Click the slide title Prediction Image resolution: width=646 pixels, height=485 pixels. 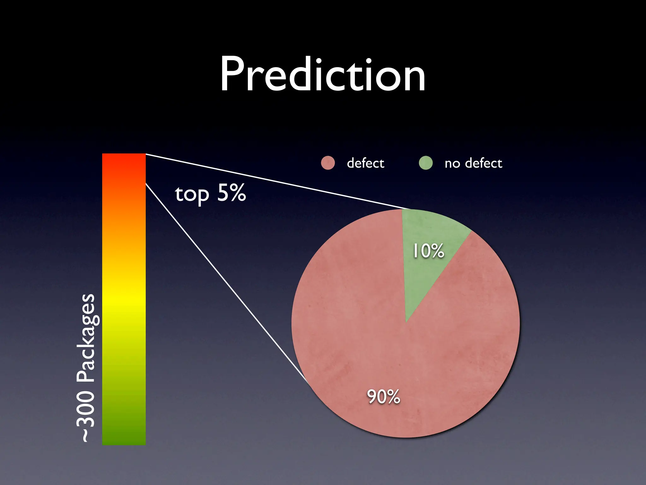point(323,75)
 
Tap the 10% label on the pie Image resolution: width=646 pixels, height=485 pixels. point(428,251)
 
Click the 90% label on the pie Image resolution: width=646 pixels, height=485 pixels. point(383,397)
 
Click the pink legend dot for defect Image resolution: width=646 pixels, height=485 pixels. point(328,163)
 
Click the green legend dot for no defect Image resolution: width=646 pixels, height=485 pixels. point(426,163)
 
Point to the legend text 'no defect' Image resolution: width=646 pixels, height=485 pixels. point(473,163)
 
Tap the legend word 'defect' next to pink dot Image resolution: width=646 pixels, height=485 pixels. point(365,163)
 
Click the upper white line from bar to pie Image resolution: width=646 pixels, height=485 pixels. point(278,181)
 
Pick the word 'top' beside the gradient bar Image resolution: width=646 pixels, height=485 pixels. point(192,194)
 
